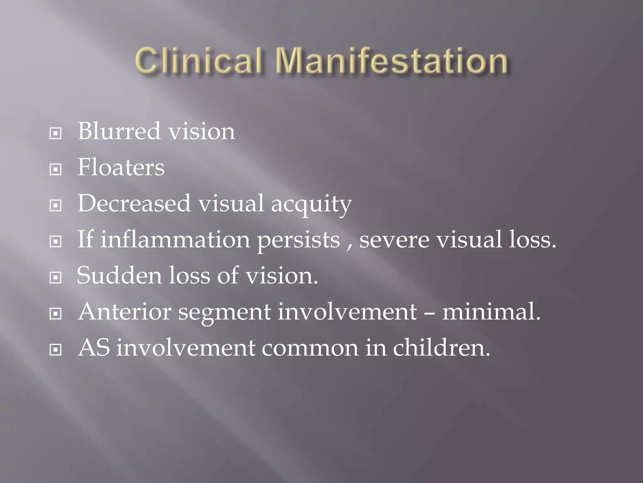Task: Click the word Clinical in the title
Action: pos(198,60)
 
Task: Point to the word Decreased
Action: pos(134,203)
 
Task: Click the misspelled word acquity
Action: pos(311,204)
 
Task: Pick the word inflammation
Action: pos(175,239)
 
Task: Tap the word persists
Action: pos(299,241)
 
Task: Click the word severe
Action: pos(394,240)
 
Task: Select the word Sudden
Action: pos(119,275)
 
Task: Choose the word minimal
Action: pos(491,312)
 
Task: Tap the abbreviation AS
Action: pos(94,348)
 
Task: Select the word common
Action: pos(310,348)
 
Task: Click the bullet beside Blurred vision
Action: pos(56,134)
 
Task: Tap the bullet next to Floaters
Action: pos(56,170)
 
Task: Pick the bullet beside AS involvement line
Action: pos(56,350)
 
